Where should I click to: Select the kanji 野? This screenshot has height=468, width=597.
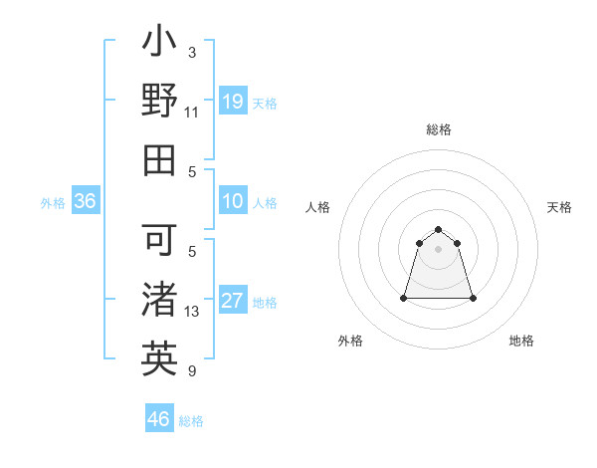coord(160,102)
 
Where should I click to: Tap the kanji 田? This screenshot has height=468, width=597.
coord(160,159)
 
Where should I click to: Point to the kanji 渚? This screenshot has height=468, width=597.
coord(160,300)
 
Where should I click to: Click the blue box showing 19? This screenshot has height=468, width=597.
coord(233,101)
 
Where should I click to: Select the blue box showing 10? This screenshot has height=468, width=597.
coord(233,201)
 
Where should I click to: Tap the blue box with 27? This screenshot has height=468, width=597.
coord(233,301)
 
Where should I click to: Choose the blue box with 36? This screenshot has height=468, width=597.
coord(86,201)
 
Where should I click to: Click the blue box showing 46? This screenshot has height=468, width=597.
coord(159,419)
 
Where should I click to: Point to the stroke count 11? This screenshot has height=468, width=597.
coord(192,113)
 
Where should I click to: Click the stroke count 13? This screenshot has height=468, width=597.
coord(192,312)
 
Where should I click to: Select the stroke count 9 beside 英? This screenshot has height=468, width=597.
coord(192,371)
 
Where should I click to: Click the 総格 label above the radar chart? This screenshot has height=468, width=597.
coord(439,129)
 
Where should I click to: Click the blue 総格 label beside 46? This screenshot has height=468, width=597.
coord(191,421)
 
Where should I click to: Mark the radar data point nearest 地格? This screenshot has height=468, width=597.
coord(473,298)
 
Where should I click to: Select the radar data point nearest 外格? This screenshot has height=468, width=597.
coord(405,298)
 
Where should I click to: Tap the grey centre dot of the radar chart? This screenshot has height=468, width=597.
coord(439,249)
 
